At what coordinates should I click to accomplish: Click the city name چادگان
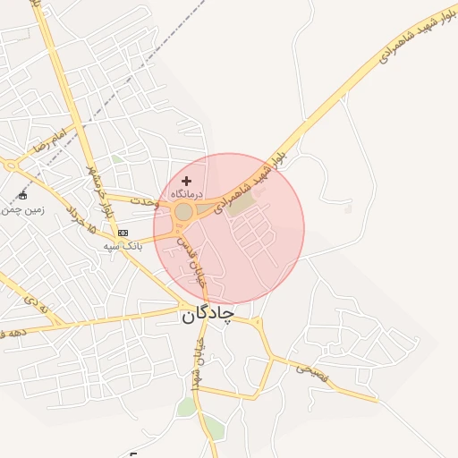208,315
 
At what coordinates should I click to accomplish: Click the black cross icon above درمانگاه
186,182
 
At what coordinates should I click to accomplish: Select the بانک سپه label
123,245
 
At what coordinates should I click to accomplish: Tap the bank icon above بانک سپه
123,233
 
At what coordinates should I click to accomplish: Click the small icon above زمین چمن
23,196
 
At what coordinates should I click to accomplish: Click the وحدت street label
144,201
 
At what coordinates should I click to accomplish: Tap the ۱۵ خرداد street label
80,217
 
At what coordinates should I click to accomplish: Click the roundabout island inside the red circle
183,212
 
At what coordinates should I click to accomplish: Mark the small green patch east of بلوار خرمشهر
117,159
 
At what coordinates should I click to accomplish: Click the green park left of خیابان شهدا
186,407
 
